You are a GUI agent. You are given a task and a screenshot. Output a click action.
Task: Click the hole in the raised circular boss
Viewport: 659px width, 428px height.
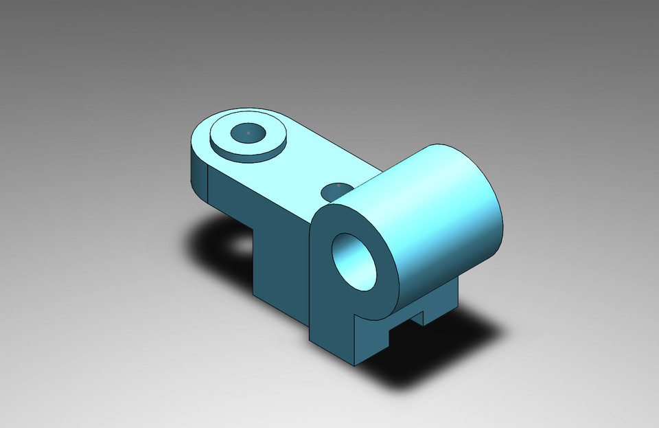click(x=248, y=133)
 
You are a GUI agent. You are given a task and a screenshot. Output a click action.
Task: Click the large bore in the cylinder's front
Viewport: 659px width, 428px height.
click(x=355, y=260)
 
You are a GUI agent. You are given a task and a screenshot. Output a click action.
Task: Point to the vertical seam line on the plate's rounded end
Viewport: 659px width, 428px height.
click(x=207, y=184)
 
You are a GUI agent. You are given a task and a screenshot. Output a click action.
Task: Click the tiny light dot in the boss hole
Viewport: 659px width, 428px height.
click(x=248, y=131)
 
